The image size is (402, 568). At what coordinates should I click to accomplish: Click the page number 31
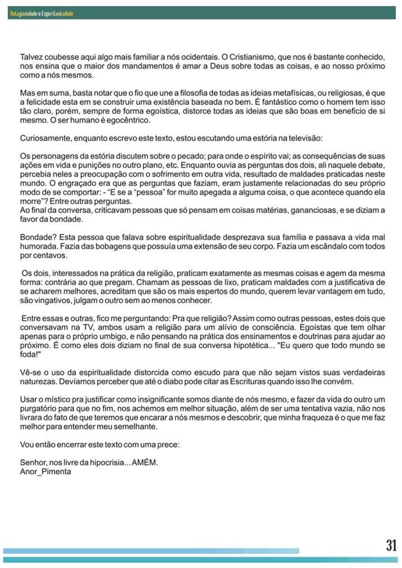(x=391, y=545)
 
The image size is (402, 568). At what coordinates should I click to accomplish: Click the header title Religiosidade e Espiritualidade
(x=42, y=13)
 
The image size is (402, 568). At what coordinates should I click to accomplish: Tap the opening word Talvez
(x=32, y=57)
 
